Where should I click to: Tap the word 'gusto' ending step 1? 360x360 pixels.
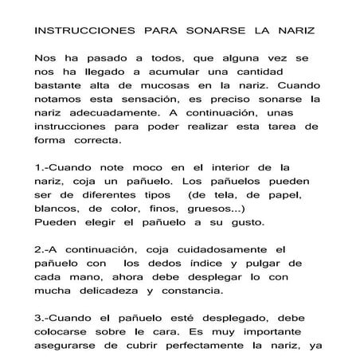tap(253, 221)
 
